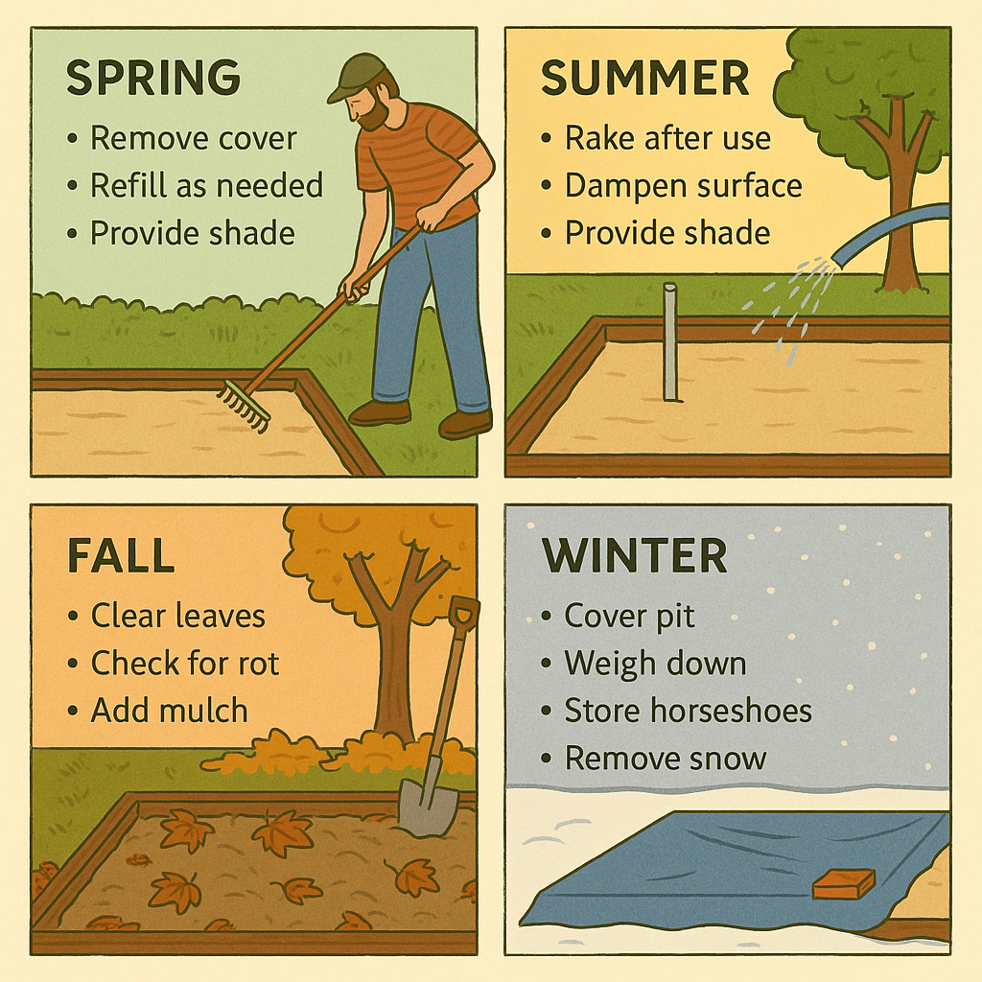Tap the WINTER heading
click(634, 556)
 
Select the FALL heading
click(121, 556)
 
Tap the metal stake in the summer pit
click(669, 341)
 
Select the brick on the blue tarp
click(844, 883)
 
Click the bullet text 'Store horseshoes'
click(688, 711)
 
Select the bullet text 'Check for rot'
click(184, 663)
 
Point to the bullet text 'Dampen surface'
click(683, 185)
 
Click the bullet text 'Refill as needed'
click(206, 185)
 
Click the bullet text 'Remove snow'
click(666, 759)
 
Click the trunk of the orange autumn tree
click(393, 671)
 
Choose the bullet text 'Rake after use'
click(667, 138)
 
